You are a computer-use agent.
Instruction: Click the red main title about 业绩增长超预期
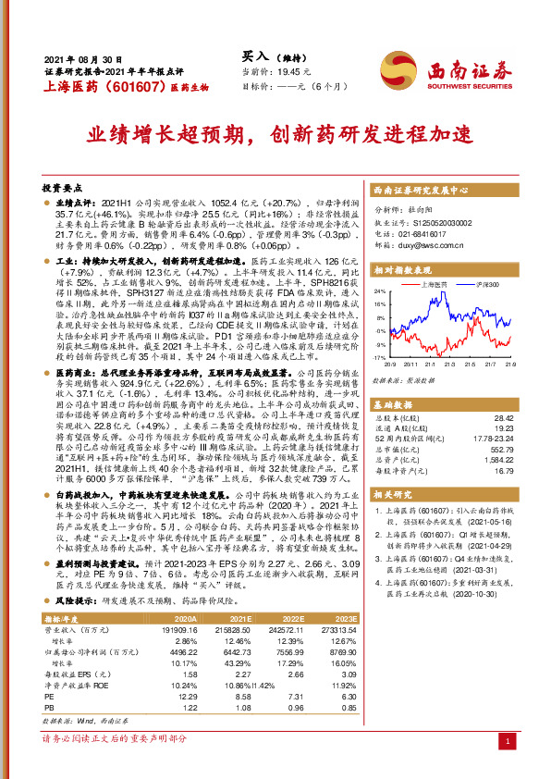(275, 136)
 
